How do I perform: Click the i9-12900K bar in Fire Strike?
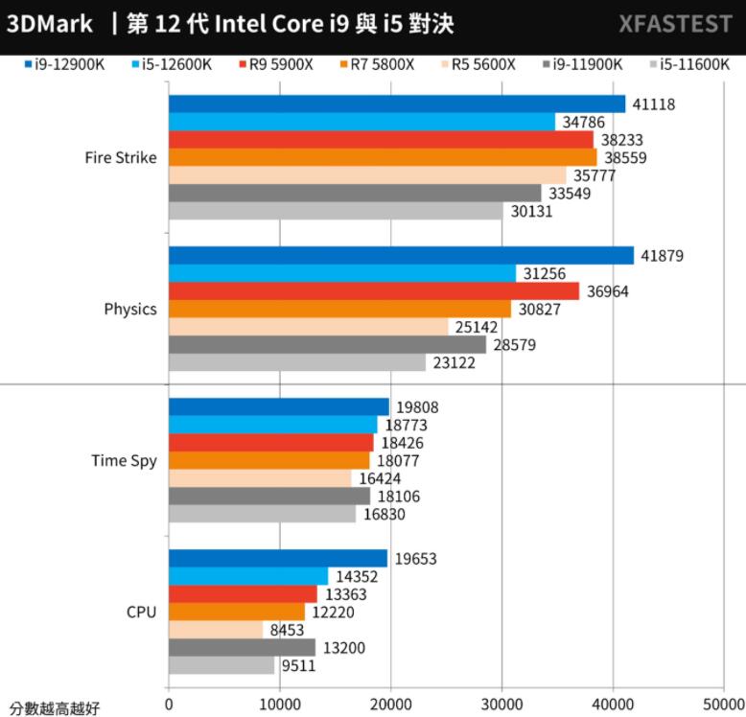(396, 104)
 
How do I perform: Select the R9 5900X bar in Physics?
(374, 290)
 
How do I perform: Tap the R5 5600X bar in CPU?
(216, 629)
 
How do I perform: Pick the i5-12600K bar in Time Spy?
(272, 425)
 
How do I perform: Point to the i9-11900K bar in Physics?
(327, 344)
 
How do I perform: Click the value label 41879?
(663, 255)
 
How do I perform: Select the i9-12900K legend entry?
(65, 64)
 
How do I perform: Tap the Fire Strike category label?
(120, 157)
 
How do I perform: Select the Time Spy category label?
(124, 460)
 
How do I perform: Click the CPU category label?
(141, 612)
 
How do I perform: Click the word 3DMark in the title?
(50, 23)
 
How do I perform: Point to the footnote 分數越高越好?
(55, 708)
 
